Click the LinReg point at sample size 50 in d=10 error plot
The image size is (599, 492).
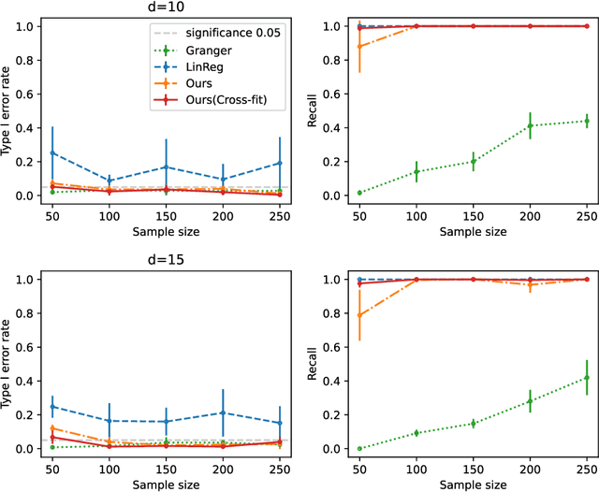point(51,153)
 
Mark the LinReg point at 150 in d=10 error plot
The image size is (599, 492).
point(166,167)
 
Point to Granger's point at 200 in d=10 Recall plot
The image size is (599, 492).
point(530,125)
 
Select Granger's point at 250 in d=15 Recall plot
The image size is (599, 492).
point(587,378)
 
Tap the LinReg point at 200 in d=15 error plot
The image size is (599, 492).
point(223,412)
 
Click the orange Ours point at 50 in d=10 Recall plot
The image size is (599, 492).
point(358,46)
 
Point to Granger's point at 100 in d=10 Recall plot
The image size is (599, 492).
point(416,171)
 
